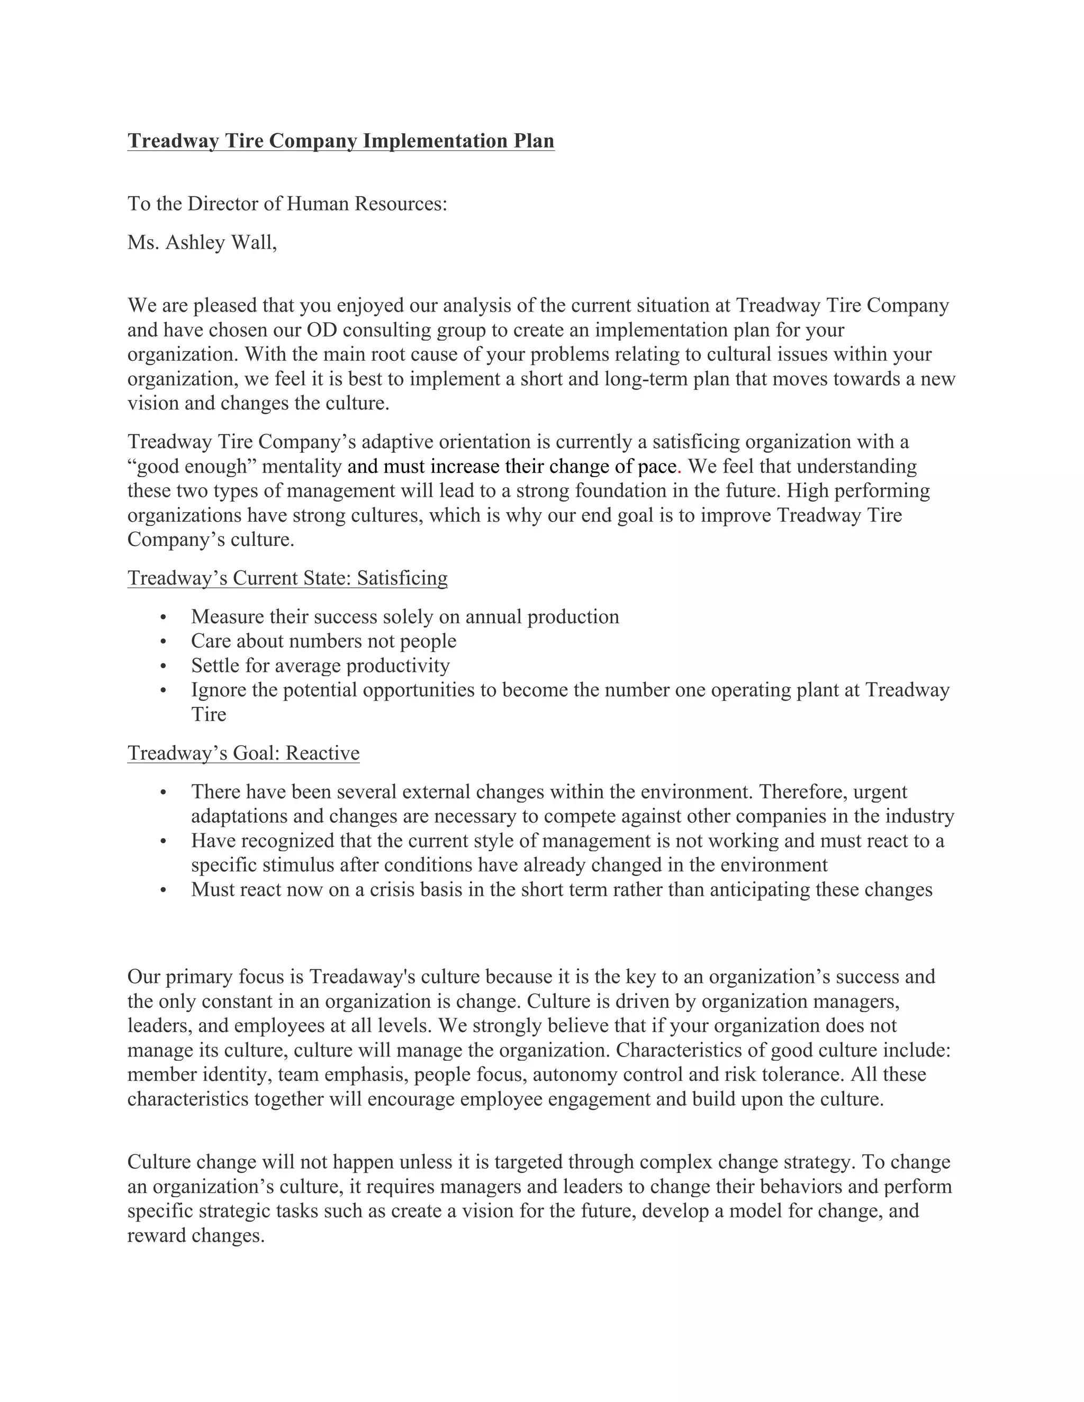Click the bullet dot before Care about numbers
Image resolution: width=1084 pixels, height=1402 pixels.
164,641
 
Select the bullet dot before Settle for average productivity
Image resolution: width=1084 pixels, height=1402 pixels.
164,666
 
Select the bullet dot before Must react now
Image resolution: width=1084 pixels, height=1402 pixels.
164,890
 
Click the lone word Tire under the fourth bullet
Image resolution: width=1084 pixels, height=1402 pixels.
208,714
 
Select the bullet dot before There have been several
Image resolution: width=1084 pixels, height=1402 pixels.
164,792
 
